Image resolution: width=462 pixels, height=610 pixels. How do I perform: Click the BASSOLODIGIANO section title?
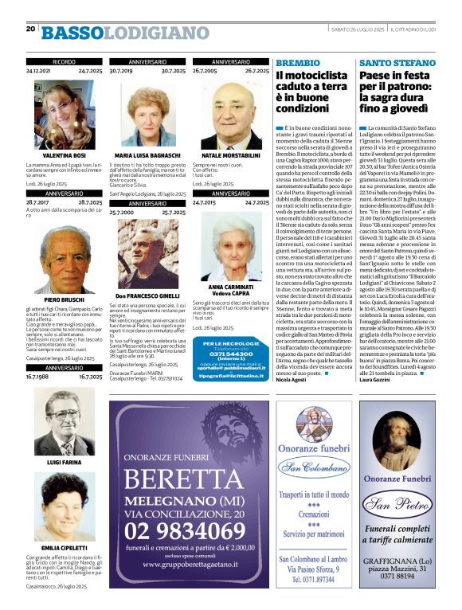[x=125, y=33]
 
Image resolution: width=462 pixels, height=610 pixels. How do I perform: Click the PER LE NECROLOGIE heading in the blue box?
[x=230, y=343]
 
